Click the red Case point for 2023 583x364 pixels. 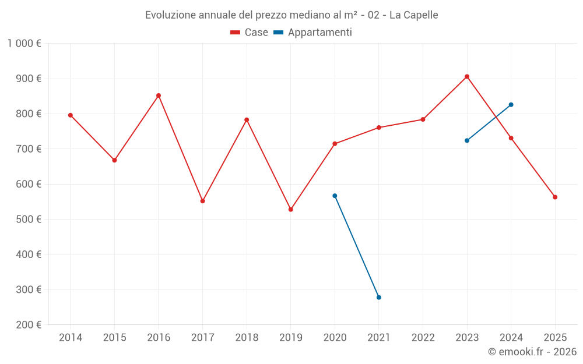pos(467,76)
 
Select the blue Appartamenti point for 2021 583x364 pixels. pos(379,298)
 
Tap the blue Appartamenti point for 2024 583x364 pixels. pos(511,105)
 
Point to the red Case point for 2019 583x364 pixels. pos(291,210)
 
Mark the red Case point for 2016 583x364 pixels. pos(159,96)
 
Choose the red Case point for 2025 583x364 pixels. pos(555,197)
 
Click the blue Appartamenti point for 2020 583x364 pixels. pos(335,196)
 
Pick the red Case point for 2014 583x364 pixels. pos(71,115)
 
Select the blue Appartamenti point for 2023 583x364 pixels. pos(467,140)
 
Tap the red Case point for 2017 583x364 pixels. pos(202,201)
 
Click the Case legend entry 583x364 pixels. pos(250,33)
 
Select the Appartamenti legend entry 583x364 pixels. pos(313,33)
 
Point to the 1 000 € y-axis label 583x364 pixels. pos(24,44)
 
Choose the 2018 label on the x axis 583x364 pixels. pos(247,338)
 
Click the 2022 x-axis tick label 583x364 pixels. pos(423,338)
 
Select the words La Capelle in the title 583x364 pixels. pos(413,15)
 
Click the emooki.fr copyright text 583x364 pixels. pos(532,352)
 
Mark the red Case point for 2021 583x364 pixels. pos(379,128)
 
